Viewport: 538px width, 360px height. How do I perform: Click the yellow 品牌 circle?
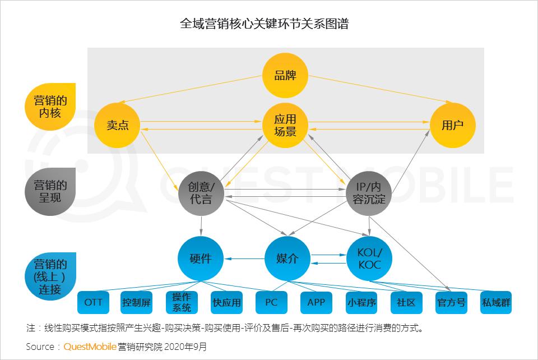(285, 76)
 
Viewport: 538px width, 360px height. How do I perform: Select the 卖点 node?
(117, 125)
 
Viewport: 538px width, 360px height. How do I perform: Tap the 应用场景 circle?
(285, 125)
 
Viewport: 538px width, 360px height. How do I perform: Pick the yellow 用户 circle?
(453, 125)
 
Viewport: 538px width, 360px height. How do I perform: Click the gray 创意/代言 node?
(201, 193)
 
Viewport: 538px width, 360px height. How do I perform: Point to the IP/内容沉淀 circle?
(369, 193)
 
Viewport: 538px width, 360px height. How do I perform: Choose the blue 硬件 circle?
(201, 259)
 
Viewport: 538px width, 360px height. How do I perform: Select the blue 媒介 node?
(287, 259)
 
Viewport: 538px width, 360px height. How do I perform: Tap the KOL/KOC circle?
(369, 259)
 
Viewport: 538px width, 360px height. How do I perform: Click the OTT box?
(94, 302)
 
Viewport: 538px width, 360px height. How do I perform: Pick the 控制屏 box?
(136, 302)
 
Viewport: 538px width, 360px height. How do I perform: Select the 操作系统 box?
(182, 302)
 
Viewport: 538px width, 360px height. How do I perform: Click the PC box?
(271, 302)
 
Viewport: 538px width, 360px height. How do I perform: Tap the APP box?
(316, 302)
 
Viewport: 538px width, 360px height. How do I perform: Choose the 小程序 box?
(361, 302)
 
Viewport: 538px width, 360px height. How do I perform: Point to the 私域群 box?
(496, 302)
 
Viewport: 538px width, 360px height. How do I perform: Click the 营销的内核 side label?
(50, 107)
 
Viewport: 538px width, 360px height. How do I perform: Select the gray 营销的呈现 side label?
(50, 192)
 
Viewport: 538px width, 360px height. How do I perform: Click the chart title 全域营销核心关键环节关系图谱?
(265, 24)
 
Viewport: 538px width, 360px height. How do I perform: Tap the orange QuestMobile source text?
(90, 347)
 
